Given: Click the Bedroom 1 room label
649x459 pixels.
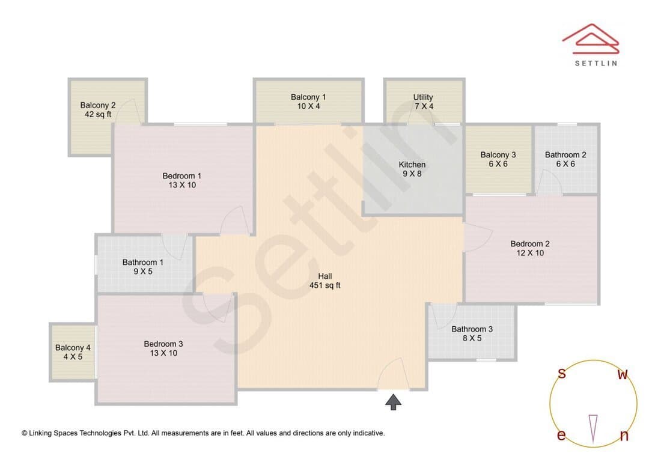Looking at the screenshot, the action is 181,180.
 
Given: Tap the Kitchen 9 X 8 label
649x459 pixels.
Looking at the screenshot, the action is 412,169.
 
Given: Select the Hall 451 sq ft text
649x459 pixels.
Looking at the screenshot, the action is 325,281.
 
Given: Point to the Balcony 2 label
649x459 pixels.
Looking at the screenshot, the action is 98,110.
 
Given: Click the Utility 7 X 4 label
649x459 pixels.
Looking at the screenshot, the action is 423,102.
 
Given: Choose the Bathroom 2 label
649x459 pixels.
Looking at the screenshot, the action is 565,159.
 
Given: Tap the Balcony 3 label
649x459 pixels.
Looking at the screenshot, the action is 498,159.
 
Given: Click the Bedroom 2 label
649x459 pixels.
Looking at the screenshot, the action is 530,248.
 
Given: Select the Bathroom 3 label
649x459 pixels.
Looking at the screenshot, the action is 472,333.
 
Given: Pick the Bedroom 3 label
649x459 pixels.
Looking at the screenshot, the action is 163,348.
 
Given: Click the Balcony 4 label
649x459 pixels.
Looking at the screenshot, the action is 73,352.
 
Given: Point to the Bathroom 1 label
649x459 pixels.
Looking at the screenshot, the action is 143,267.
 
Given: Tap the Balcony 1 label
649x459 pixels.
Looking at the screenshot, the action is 308,102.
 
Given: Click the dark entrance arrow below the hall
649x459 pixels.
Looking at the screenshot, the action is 393,402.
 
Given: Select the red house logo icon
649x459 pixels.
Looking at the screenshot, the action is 591,39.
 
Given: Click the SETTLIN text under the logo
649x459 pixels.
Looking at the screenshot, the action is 596,63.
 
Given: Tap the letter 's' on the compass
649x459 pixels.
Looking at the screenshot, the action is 562,373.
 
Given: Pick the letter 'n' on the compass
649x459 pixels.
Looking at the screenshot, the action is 624,436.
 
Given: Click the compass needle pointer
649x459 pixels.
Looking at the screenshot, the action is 593,429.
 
